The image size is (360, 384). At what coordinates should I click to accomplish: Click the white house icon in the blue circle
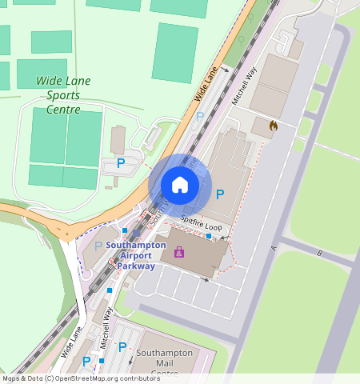point(180,186)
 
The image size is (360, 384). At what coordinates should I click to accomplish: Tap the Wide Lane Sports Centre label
point(63,94)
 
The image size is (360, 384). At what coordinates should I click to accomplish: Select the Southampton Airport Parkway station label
point(136,255)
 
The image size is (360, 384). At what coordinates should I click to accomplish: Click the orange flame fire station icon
point(274,126)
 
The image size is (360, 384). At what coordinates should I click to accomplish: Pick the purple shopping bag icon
point(179,252)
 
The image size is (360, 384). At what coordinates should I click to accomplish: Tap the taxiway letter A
point(274,249)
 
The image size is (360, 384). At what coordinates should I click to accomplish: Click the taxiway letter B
point(319,254)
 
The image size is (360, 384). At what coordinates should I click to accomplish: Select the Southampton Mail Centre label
point(165,362)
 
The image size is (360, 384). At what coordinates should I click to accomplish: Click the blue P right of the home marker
point(220,194)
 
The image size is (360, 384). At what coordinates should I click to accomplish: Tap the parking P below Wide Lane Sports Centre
point(121,162)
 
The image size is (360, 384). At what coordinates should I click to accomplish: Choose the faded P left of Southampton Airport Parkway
point(98,246)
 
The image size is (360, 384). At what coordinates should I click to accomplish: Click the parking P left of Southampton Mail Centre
point(122,347)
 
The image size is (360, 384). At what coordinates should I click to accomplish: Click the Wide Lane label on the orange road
point(206,84)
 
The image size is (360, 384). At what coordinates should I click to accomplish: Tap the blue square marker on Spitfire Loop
point(209,236)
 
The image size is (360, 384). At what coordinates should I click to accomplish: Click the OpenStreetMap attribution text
point(81,378)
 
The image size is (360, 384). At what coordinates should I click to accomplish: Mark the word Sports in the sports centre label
point(63,94)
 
